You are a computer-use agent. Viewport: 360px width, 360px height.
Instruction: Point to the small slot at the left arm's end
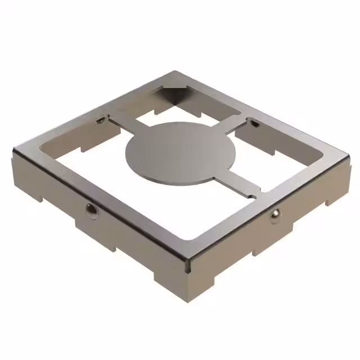[x=100, y=120]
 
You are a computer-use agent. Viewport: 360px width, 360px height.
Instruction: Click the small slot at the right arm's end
[x=254, y=123]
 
